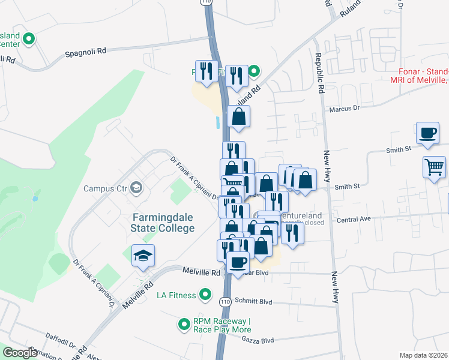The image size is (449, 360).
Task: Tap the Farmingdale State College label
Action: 163,223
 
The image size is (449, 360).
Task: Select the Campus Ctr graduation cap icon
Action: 136,188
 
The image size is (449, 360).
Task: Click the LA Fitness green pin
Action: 205,295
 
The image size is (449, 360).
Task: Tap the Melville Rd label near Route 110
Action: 201,272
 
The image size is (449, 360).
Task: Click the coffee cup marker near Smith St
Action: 427,134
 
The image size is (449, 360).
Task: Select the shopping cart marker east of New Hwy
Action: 433,167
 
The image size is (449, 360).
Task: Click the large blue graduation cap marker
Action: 143,257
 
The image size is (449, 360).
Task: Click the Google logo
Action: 20,353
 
